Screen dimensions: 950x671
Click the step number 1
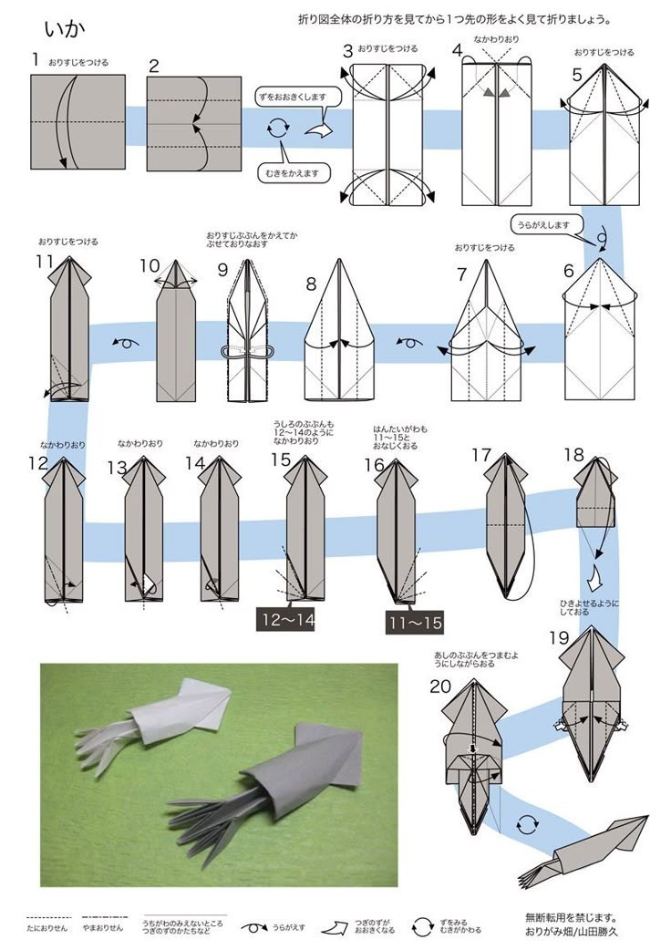(x=35, y=59)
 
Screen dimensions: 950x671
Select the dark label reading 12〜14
(x=288, y=621)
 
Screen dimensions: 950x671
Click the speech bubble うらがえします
(x=543, y=224)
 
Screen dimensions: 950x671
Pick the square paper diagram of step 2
(x=193, y=123)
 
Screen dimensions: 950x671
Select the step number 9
(x=222, y=270)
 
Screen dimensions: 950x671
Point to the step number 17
(x=481, y=455)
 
